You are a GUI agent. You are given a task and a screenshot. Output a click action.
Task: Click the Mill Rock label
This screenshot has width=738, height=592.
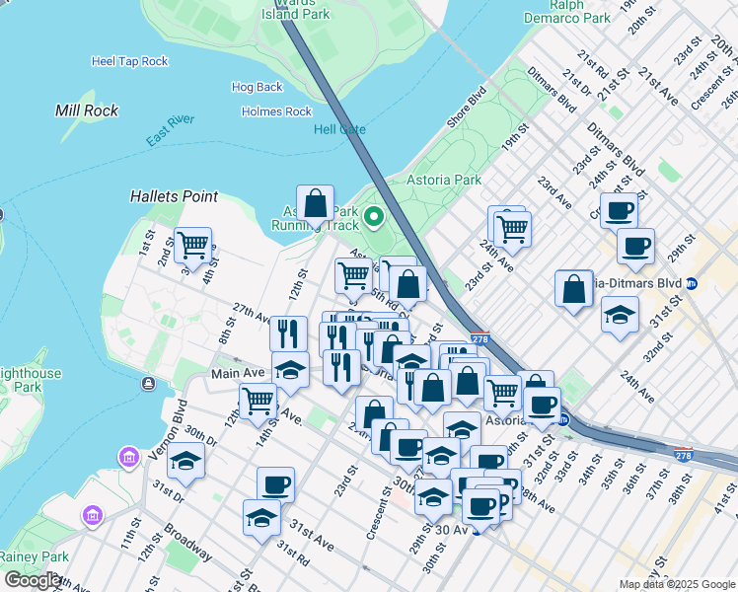pos(87,111)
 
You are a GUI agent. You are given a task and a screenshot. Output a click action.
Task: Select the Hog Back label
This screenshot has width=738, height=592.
pos(257,88)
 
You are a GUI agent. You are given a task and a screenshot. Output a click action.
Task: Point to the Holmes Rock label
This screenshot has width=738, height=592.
pos(276,112)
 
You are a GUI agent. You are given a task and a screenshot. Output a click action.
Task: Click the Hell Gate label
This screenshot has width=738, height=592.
pos(339,129)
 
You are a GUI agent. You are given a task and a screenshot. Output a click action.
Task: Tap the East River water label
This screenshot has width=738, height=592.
pos(170,131)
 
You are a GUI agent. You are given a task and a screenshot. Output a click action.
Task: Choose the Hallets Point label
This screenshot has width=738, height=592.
pos(174,197)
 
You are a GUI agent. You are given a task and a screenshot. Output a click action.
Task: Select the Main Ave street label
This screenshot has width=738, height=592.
pos(238,374)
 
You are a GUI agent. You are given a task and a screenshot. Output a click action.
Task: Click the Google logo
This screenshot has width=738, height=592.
pos(33,580)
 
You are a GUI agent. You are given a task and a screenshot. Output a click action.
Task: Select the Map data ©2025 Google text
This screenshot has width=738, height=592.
pos(677,584)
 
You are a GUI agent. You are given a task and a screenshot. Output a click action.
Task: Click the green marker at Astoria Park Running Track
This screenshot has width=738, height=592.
pos(374,216)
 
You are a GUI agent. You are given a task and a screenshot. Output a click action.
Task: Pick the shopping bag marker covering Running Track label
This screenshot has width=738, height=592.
pos(315,204)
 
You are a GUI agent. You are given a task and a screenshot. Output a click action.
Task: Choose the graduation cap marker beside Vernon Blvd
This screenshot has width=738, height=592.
pos(184,462)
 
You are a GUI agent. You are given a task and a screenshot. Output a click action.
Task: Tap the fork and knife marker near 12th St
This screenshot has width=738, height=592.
pos(288,333)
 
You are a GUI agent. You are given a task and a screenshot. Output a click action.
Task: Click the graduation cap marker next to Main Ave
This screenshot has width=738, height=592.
pos(290,370)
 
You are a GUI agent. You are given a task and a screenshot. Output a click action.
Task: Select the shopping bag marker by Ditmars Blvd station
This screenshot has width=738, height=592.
pos(573,289)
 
